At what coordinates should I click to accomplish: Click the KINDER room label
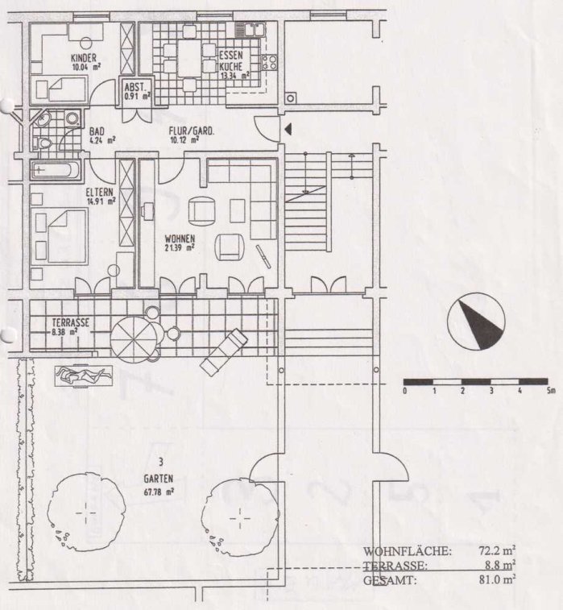pyautogui.click(x=84, y=57)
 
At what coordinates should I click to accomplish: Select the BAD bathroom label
pyautogui.click(x=97, y=131)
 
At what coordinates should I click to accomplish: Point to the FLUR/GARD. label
pyautogui.click(x=190, y=131)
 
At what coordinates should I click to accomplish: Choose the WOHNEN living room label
pyautogui.click(x=179, y=239)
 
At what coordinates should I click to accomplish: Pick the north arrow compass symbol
pyautogui.click(x=476, y=321)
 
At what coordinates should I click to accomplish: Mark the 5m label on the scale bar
pyautogui.click(x=550, y=392)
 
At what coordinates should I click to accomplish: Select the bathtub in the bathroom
pyautogui.click(x=56, y=171)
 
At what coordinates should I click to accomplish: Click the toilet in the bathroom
pyautogui.click(x=46, y=143)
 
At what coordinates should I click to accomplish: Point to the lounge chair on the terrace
pyautogui.click(x=223, y=352)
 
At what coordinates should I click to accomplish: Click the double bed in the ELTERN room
pyautogui.click(x=60, y=234)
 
